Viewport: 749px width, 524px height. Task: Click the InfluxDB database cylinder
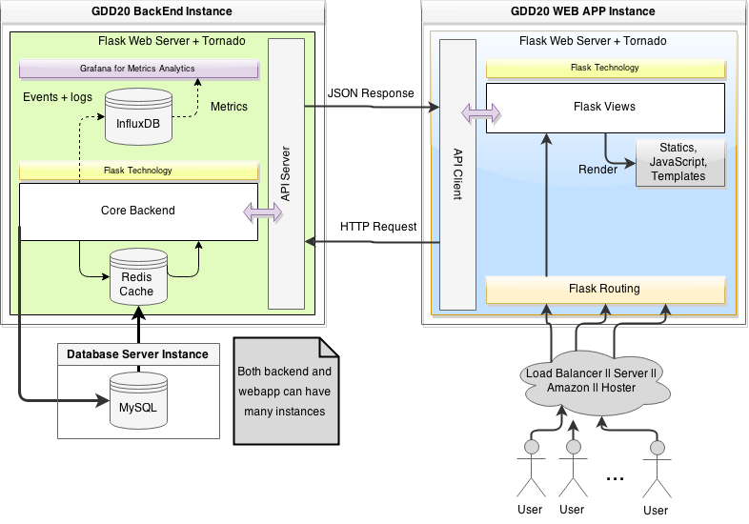tap(139, 116)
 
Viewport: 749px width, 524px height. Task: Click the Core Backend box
tap(138, 211)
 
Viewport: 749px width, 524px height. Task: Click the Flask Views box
tap(604, 107)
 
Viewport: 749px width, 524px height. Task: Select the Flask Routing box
tap(604, 289)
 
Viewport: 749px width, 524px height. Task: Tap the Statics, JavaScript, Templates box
tap(678, 162)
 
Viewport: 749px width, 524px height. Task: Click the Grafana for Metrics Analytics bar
tap(139, 70)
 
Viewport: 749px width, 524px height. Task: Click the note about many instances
tap(285, 390)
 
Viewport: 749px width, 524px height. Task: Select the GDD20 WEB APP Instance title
tap(585, 11)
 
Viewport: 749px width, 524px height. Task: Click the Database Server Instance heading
tap(137, 354)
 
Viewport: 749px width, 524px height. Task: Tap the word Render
tap(597, 170)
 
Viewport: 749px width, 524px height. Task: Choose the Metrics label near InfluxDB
tap(229, 107)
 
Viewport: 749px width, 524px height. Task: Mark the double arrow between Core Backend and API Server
tap(263, 212)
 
